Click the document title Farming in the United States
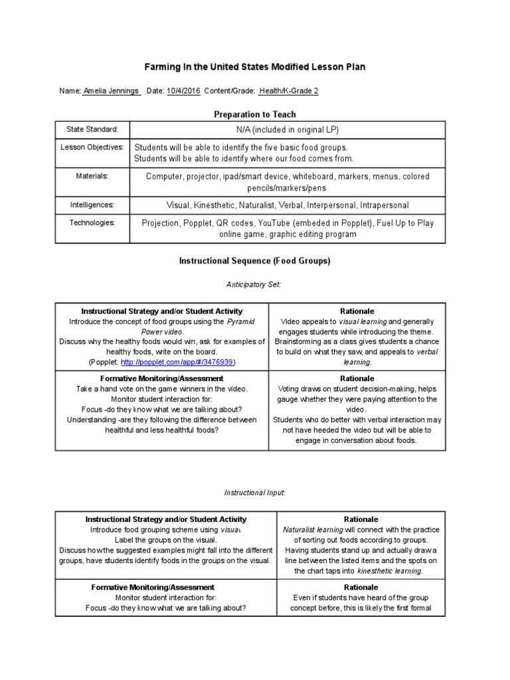coord(255,67)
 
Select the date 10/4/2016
coord(183,91)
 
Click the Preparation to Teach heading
coord(255,114)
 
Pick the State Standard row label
coord(92,129)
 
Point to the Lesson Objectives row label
coord(92,147)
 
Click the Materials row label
coord(92,175)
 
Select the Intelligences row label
coord(92,205)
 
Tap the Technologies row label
coord(92,222)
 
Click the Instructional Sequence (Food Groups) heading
coord(254,261)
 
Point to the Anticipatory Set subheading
coord(254,284)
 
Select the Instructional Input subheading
coord(254,492)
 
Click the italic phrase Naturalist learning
coord(313,530)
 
